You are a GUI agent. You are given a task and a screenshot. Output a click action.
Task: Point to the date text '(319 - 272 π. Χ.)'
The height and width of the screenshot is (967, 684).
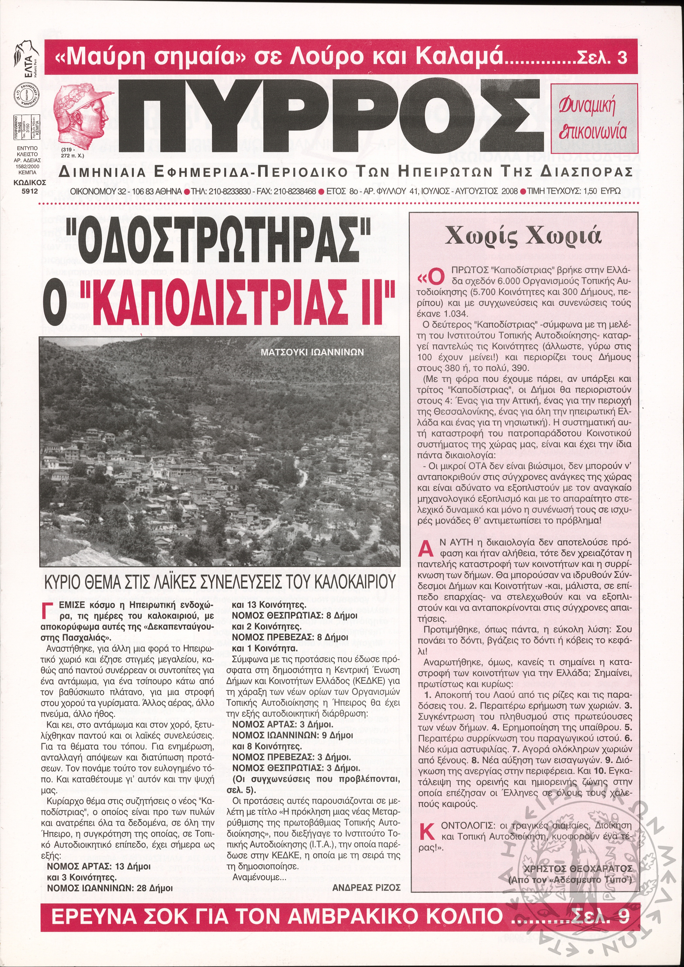[72, 152]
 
